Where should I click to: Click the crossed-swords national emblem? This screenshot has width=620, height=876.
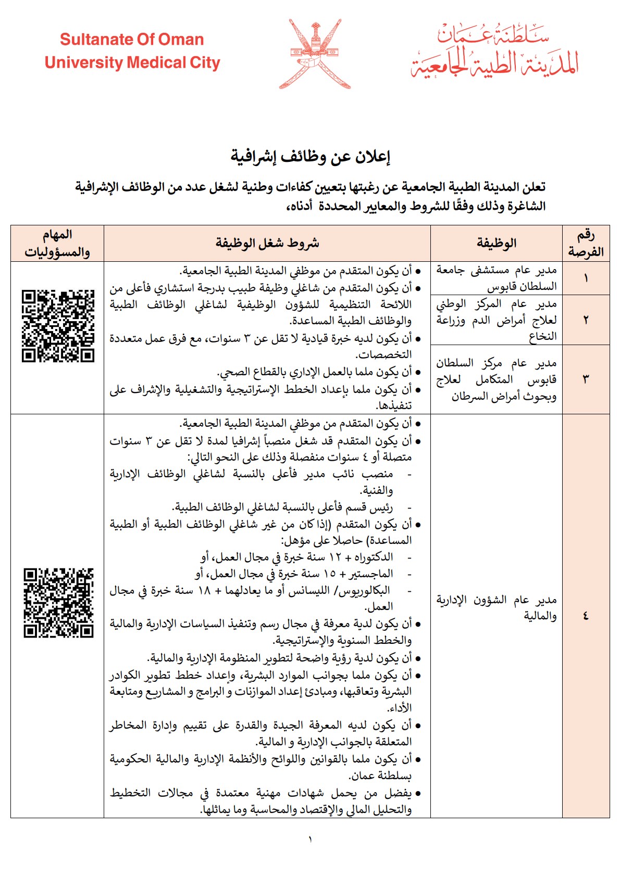tap(315, 54)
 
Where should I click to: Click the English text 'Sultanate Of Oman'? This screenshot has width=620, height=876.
tap(132, 40)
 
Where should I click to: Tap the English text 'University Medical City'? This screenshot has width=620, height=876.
tap(132, 63)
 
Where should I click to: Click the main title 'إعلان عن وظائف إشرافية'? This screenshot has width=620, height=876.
tap(311, 156)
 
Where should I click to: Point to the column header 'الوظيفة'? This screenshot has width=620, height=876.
tap(496, 243)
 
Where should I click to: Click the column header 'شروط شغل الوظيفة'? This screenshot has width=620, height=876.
tap(267, 243)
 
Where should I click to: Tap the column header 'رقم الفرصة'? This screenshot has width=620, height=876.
tap(586, 243)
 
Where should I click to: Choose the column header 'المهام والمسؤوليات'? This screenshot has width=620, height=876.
tap(57, 243)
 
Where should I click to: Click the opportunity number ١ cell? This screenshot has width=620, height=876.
tap(586, 278)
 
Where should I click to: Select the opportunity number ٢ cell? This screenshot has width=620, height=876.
tap(586, 320)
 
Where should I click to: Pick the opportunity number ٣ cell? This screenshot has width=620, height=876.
tap(586, 379)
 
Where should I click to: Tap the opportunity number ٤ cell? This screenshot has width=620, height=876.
tap(586, 616)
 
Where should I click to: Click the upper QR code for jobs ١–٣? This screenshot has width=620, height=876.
tap(58, 326)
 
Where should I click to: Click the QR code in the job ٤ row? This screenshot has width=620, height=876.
tap(58, 603)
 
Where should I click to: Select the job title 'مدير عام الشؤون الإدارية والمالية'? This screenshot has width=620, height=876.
tap(496, 608)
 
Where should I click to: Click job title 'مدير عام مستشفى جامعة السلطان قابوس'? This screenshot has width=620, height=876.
tap(496, 278)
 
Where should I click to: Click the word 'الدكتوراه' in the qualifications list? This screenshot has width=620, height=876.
tap(374, 557)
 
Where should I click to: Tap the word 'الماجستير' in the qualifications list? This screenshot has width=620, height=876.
tap(373, 574)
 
